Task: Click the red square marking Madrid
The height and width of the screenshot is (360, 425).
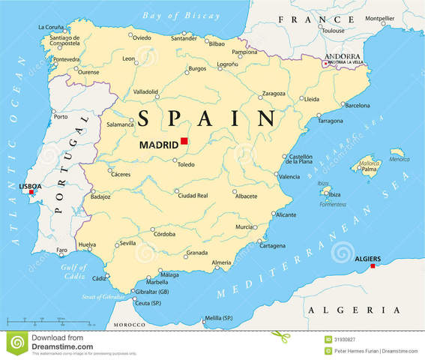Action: click(x=184, y=141)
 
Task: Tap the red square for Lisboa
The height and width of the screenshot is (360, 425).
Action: click(x=31, y=192)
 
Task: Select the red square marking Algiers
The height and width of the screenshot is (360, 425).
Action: click(x=373, y=265)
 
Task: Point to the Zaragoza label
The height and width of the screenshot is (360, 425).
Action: click(x=273, y=94)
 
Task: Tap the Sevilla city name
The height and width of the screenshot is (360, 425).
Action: click(x=127, y=243)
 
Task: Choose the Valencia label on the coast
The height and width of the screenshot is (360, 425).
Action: click(x=289, y=177)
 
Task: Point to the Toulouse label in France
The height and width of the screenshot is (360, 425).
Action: click(x=333, y=31)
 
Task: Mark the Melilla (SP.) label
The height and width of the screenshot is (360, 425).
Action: click(x=218, y=318)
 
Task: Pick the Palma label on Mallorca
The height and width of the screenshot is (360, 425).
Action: click(x=369, y=169)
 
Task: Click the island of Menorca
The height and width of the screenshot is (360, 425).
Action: click(x=397, y=153)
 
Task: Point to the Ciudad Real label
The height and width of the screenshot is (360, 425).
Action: click(x=193, y=195)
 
